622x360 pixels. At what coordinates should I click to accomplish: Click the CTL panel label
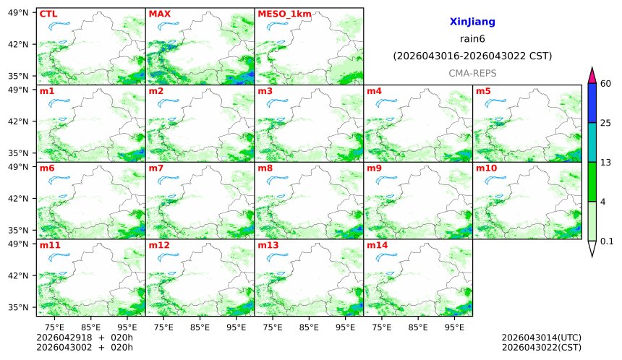[x=48, y=14]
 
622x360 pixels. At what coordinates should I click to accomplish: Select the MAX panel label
[x=159, y=14]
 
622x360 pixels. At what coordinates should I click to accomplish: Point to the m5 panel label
[x=483, y=91]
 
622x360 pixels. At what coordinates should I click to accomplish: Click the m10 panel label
[x=486, y=168]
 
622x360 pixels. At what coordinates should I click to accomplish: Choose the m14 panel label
[x=377, y=245]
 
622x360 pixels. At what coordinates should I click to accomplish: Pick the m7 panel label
[x=156, y=168]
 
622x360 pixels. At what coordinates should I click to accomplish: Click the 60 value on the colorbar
[x=606, y=84]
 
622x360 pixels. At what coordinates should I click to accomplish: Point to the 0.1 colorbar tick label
[x=607, y=241]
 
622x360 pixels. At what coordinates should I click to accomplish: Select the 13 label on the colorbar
[x=606, y=162]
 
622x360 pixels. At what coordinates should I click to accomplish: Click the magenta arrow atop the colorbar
[x=592, y=74]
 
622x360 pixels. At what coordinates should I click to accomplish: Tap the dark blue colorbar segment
[x=592, y=103]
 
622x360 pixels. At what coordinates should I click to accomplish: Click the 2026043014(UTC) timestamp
[x=541, y=338]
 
